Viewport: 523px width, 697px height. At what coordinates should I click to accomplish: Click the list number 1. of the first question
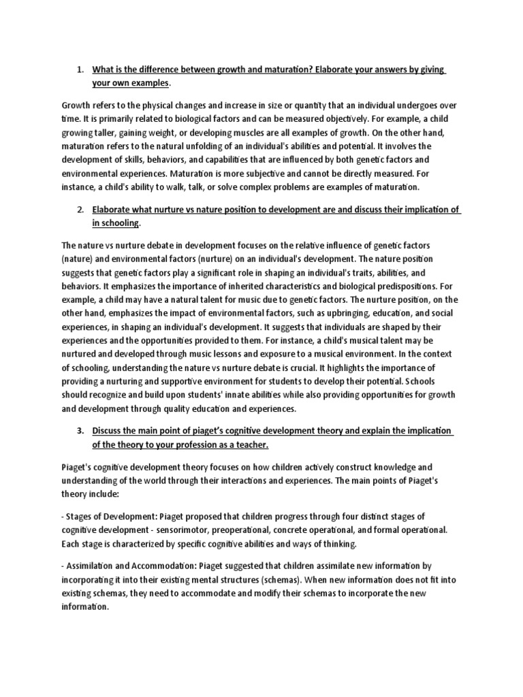pyautogui.click(x=80, y=69)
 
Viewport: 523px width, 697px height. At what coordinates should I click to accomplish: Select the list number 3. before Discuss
pyautogui.click(x=80, y=431)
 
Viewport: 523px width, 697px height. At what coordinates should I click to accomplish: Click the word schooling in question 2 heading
pyautogui.click(x=116, y=224)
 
